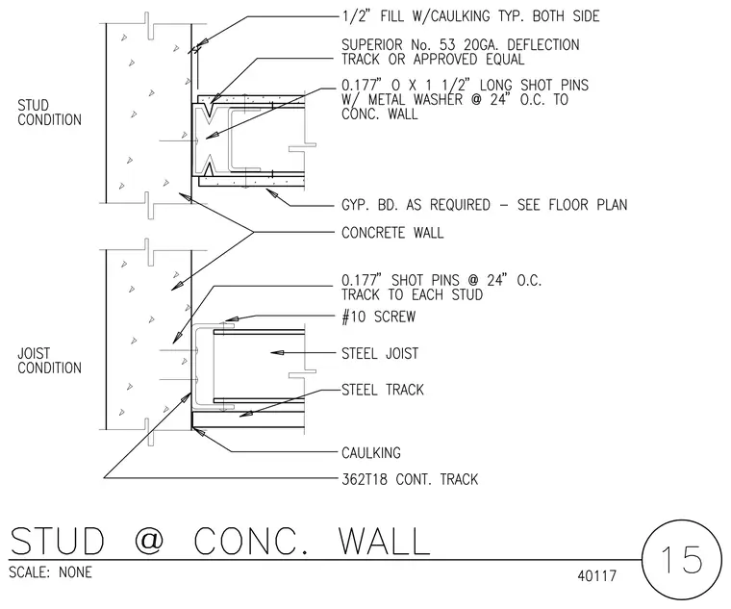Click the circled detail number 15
681,560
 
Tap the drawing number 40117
596,576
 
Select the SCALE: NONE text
50,572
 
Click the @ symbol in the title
149,541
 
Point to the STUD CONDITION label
49,113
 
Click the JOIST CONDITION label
49,361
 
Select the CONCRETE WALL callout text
392,233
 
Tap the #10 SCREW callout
379,317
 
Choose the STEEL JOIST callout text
380,353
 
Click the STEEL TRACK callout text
383,390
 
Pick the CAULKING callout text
371,453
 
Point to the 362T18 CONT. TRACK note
410,479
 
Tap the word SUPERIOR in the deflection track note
372,45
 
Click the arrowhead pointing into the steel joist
277,352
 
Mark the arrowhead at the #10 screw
232,319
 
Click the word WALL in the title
384,541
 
